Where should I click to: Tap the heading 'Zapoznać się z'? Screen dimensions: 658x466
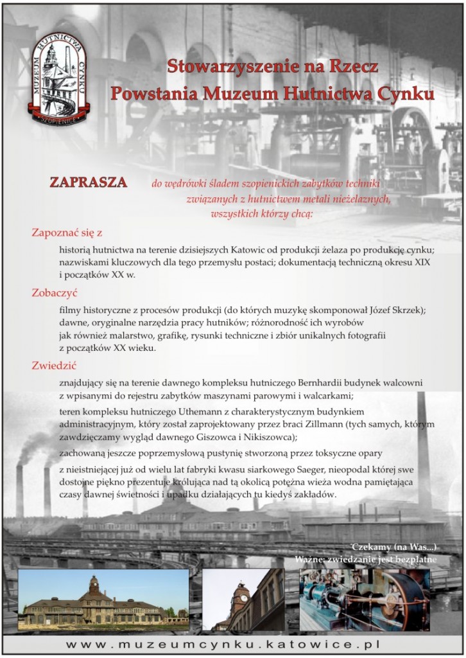click(67, 232)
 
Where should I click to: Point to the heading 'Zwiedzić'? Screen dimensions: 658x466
click(55, 366)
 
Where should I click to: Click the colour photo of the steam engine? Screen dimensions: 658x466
click(364, 600)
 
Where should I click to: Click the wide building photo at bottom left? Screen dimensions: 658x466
click(103, 600)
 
